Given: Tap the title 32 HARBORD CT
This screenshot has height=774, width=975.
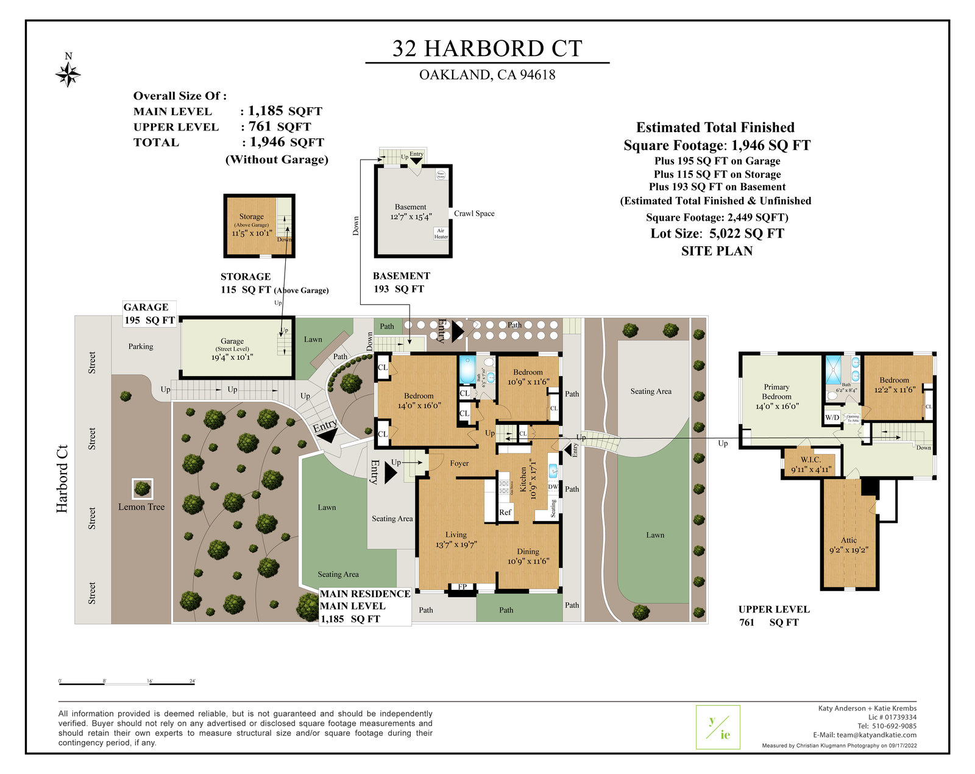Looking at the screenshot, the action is point(487,49).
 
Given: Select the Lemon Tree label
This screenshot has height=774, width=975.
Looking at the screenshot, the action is point(141,507).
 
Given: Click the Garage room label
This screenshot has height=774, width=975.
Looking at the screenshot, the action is point(232,341).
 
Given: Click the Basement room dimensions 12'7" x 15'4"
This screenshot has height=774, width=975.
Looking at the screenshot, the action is point(411,217).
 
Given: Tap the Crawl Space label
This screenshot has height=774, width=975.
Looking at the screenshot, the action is point(474,214).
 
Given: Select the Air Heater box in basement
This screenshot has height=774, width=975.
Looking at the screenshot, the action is point(441,233).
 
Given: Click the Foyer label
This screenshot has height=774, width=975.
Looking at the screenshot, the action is point(459,464).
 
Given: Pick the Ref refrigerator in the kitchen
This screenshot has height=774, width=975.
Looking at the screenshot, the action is point(505,513).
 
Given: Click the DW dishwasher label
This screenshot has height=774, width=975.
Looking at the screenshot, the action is point(553,487).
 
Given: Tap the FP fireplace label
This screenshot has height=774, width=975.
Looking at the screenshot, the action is point(463,588).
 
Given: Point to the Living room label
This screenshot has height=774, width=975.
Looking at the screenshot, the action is point(456,534).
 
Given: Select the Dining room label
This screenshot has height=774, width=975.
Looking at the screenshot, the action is point(528,552).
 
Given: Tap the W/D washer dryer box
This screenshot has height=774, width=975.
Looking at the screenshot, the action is point(832,418).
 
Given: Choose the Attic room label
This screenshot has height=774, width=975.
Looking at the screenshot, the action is point(849,541).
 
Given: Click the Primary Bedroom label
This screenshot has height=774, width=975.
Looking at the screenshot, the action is point(776,392).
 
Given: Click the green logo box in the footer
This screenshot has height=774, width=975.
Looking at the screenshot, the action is point(718,727).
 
